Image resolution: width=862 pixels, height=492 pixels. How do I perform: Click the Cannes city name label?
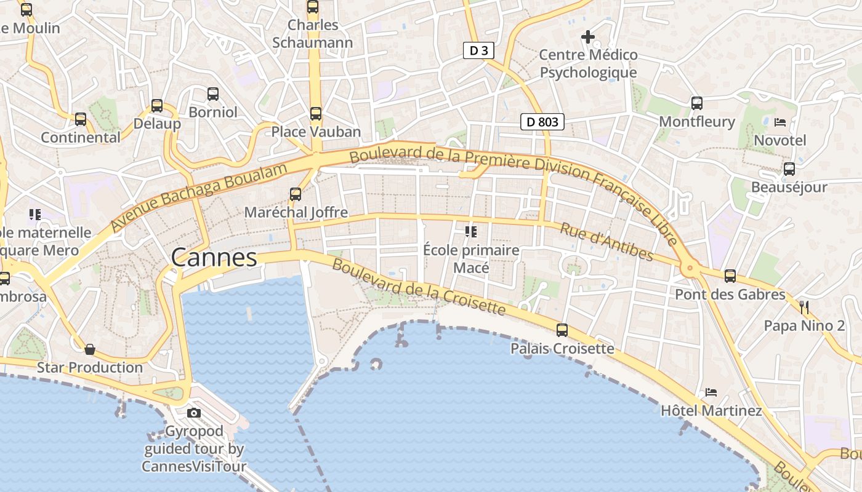coord(214,257)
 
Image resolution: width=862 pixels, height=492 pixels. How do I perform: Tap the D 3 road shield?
coord(478,50)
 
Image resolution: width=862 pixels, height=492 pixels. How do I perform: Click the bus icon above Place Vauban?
coord(316,113)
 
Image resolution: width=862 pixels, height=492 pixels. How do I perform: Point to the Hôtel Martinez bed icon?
coord(711,392)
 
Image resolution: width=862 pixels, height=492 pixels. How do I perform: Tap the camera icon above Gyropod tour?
coord(194,413)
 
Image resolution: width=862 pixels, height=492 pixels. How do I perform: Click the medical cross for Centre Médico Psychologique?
coord(588,37)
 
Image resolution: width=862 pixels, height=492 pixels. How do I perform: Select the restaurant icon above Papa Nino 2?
coord(804,307)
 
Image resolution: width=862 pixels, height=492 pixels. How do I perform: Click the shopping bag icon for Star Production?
coord(90,349)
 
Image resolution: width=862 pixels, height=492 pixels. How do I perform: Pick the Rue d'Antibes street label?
coord(606,241)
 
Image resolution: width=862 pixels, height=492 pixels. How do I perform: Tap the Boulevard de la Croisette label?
coord(419,287)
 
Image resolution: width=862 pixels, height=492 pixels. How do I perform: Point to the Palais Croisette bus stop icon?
coord(562,330)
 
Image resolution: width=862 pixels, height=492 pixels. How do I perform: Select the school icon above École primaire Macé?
coord(471,232)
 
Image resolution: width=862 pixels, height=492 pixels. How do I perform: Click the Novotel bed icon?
coord(780,122)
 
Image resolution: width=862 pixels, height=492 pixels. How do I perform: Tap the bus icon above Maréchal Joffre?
coord(296,194)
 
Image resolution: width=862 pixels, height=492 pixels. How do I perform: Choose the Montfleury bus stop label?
coord(697,122)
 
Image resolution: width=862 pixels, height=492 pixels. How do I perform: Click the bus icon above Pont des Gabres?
coord(730,276)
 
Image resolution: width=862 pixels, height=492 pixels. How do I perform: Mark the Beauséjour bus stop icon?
coord(789,169)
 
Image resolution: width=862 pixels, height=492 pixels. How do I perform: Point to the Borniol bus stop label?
coord(213,113)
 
